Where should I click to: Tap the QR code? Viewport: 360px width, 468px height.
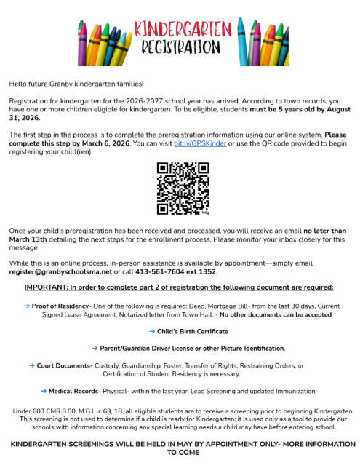[x=182, y=189]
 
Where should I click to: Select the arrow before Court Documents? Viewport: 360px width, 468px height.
[x=31, y=365]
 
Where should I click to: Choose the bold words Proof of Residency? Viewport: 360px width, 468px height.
[x=60, y=306]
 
